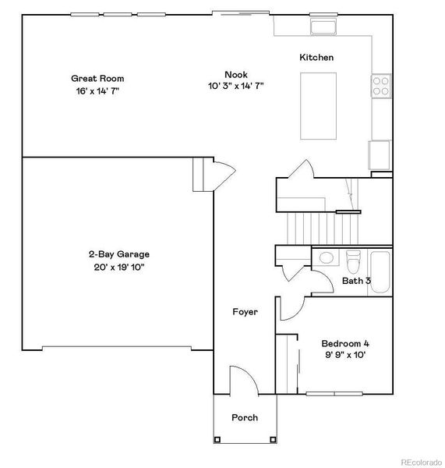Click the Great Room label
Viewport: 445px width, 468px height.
pyautogui.click(x=97, y=78)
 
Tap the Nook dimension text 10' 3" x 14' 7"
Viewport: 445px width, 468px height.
pyautogui.click(x=236, y=86)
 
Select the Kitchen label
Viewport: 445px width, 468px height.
pyautogui.click(x=317, y=58)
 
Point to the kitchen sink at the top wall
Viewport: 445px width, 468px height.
pyautogui.click(x=323, y=27)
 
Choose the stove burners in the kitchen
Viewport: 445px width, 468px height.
pyautogui.click(x=381, y=85)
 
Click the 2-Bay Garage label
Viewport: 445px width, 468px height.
pyautogui.click(x=118, y=254)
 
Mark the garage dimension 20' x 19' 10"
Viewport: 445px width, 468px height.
pyautogui.click(x=118, y=267)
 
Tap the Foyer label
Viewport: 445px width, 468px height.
pyautogui.click(x=245, y=312)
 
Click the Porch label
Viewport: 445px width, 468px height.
pyautogui.click(x=245, y=417)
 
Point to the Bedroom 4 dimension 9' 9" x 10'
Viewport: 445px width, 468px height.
pyautogui.click(x=344, y=355)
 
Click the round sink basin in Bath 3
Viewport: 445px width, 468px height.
pyautogui.click(x=327, y=258)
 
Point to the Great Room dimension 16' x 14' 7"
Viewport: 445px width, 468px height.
pyautogui.click(x=97, y=90)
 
